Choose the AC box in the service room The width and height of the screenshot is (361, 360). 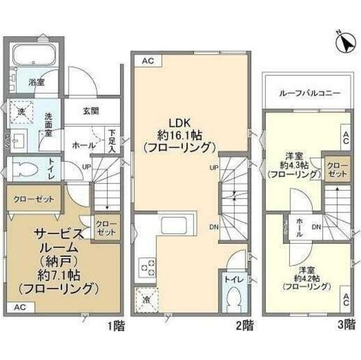click(x=19, y=308)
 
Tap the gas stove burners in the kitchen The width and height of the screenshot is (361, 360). click(x=148, y=266)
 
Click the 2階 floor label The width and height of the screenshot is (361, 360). click(x=235, y=325)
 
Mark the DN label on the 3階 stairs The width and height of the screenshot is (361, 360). click(x=316, y=226)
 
